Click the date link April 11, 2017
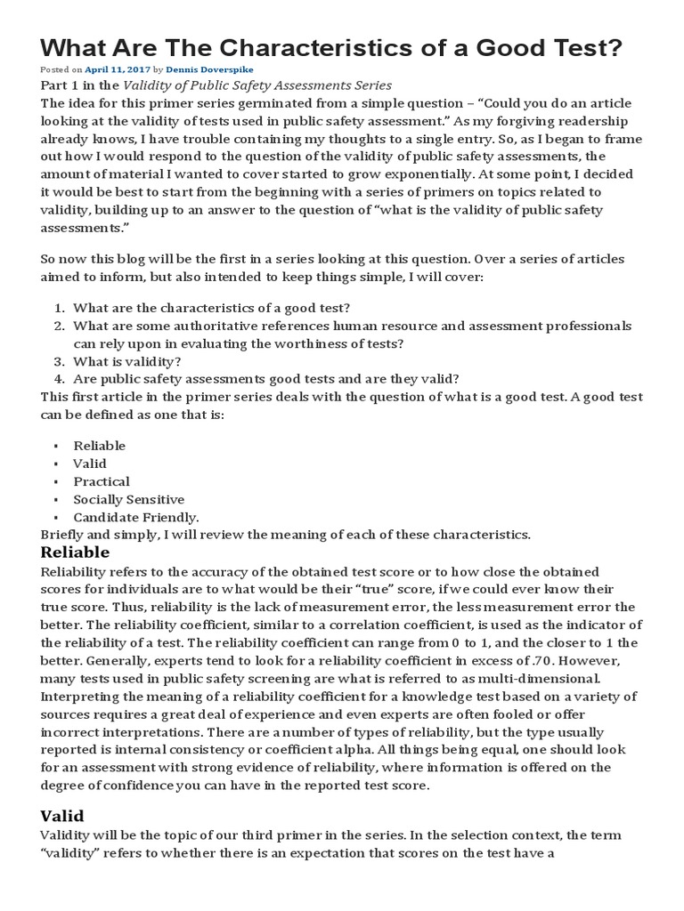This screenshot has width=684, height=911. pyautogui.click(x=117, y=69)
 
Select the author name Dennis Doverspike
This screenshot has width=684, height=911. pyautogui.click(x=203, y=69)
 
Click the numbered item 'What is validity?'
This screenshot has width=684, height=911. pyautogui.click(x=127, y=361)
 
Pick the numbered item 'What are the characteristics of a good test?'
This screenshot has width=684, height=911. pyautogui.click(x=211, y=308)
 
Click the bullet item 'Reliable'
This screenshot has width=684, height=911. pyautogui.click(x=99, y=446)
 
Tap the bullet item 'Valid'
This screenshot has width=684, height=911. pyautogui.click(x=90, y=464)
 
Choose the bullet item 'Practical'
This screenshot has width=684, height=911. pyautogui.click(x=102, y=481)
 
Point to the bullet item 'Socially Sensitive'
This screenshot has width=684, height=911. pyautogui.click(x=129, y=499)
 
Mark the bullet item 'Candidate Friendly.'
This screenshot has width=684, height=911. pyautogui.click(x=136, y=517)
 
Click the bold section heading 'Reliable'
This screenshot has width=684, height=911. pyautogui.click(x=76, y=552)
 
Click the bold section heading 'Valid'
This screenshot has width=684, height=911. pyautogui.click(x=62, y=815)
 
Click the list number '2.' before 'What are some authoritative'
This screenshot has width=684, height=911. pyautogui.click(x=59, y=326)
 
